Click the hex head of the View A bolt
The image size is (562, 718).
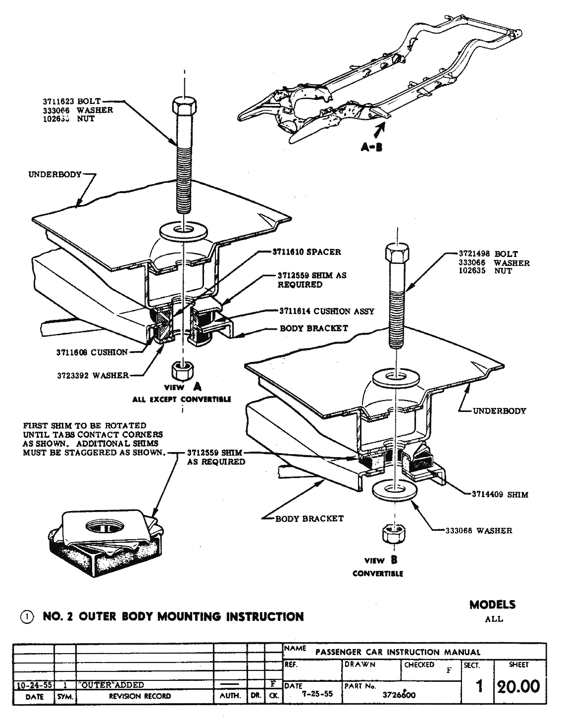pyautogui.click(x=184, y=107)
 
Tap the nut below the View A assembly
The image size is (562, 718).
pyautogui.click(x=179, y=370)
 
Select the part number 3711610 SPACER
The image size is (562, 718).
pyautogui.click(x=307, y=252)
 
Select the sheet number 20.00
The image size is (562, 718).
pyautogui.click(x=518, y=687)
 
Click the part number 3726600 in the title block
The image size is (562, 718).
pyautogui.click(x=400, y=695)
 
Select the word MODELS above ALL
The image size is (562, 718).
pyautogui.click(x=492, y=605)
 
